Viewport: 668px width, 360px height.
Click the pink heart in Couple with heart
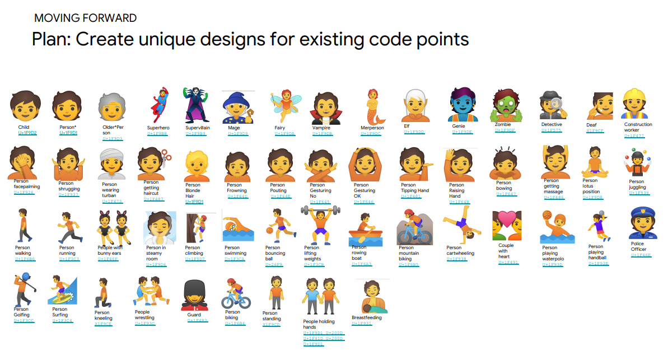point(507,219)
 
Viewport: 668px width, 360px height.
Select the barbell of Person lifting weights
point(320,211)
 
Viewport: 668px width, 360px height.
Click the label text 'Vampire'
point(321,128)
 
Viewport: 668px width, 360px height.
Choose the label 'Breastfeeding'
point(367,317)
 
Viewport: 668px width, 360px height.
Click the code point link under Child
point(27,133)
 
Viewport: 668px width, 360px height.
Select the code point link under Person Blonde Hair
point(195,202)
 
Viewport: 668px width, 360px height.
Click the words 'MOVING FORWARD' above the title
point(85,18)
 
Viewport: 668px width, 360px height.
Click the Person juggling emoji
point(637,163)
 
